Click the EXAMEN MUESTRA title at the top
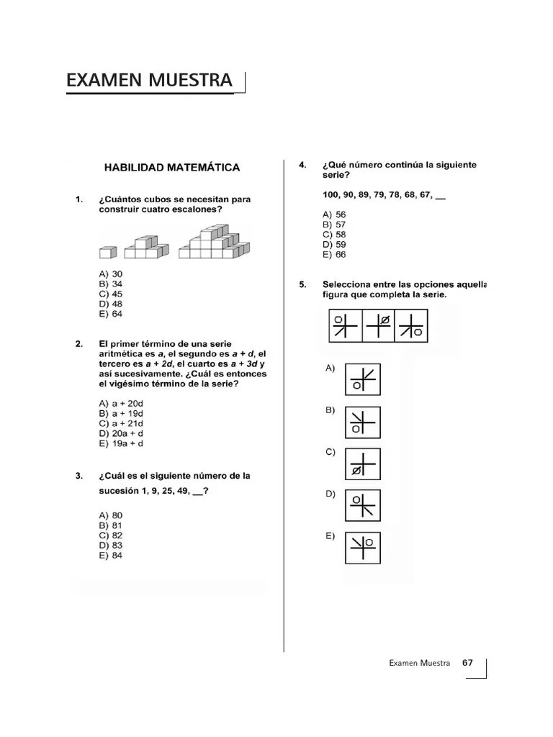click(x=149, y=81)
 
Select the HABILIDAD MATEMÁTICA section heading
click(x=172, y=168)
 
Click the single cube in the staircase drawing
click(x=107, y=252)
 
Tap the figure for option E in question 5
click(x=362, y=548)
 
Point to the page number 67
click(x=467, y=663)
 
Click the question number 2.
click(x=78, y=344)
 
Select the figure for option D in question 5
click(x=362, y=506)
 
